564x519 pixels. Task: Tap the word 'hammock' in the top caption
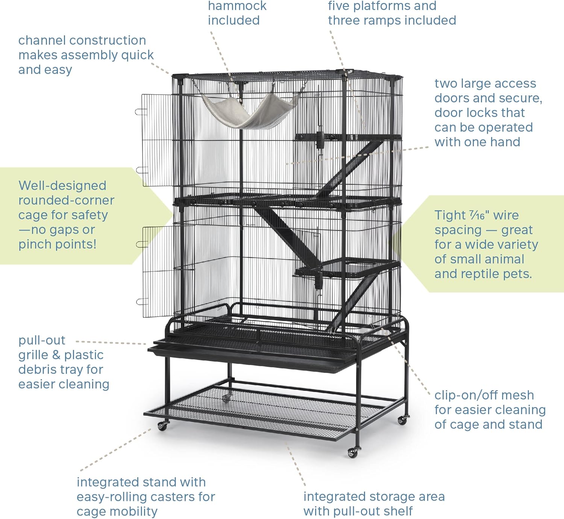[x=237, y=6]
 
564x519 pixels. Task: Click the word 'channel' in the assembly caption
[x=46, y=40]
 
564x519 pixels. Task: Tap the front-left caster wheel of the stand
[x=163, y=426]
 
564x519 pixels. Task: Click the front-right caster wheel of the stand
[x=353, y=453]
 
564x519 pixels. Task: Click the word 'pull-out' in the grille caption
[x=42, y=341]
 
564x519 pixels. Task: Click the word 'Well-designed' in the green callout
[x=62, y=186]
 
